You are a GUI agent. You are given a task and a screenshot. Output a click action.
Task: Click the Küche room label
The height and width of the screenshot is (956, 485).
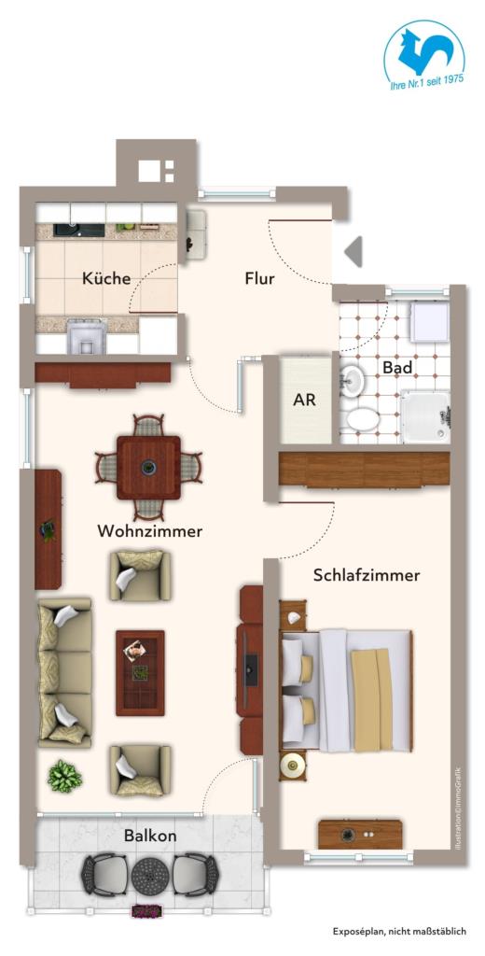tap(105, 278)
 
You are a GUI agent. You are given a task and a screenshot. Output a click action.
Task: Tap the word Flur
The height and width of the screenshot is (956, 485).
tap(259, 278)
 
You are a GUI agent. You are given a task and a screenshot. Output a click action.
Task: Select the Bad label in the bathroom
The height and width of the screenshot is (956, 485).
tap(397, 367)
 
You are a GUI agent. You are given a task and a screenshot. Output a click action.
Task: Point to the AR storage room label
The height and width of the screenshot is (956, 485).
tap(304, 401)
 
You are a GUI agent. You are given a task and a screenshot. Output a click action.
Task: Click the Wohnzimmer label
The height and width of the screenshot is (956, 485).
tap(149, 531)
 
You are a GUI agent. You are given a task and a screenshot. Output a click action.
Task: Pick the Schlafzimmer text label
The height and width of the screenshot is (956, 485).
tap(367, 575)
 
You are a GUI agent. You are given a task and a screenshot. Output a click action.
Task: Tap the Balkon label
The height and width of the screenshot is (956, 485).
tap(150, 836)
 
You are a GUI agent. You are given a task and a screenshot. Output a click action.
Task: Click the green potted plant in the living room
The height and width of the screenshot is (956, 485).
tap(64, 775)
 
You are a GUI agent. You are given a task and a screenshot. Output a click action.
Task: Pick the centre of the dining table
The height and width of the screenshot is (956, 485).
tap(147, 467)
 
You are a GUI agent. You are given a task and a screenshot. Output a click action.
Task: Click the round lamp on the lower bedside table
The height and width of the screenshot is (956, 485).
tap(294, 766)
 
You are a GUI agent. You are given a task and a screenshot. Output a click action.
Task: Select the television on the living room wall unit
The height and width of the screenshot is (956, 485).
tap(249, 664)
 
